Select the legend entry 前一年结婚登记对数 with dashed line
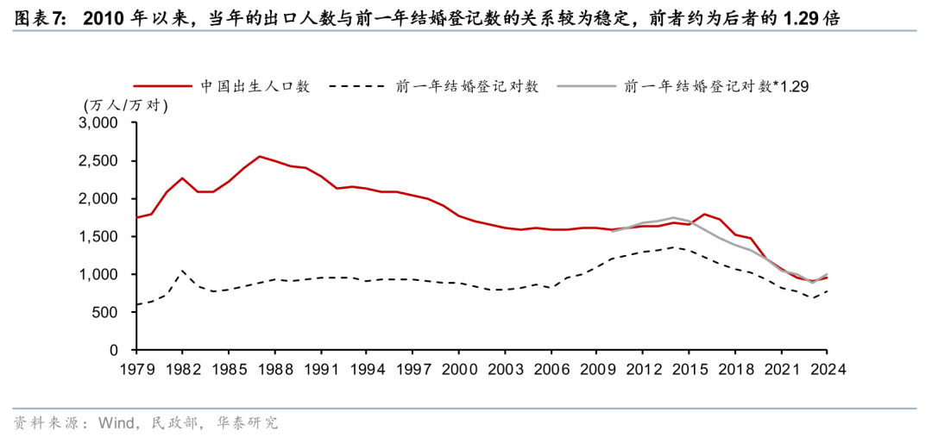click(x=467, y=86)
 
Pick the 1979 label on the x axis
click(x=136, y=368)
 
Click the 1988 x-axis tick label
click(x=274, y=368)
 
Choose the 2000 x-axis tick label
click(x=458, y=368)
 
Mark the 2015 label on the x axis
click(x=689, y=368)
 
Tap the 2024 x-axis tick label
click(x=826, y=368)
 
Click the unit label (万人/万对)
click(x=126, y=105)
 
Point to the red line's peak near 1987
click(x=260, y=156)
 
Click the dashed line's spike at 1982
click(x=182, y=272)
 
